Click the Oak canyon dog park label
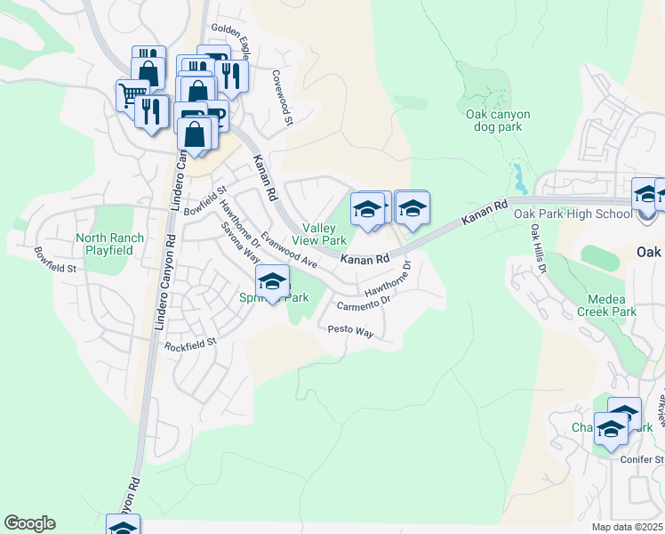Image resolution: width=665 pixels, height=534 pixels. pyautogui.click(x=498, y=120)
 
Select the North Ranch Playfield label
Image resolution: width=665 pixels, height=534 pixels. pyautogui.click(x=104, y=244)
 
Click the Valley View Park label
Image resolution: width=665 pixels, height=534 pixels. pyautogui.click(x=324, y=235)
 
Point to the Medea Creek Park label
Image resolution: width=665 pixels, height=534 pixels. pyautogui.click(x=612, y=305)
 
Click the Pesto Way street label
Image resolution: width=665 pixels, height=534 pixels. pyautogui.click(x=351, y=331)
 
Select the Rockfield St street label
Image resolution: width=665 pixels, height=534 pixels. pyautogui.click(x=191, y=344)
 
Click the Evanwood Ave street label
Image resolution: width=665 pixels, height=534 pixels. pyautogui.click(x=290, y=252)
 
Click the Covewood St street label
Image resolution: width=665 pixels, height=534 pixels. pyautogui.click(x=283, y=97)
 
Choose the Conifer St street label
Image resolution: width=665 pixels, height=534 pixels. pyautogui.click(x=647, y=459)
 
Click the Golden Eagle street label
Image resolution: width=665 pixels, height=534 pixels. pyautogui.click(x=230, y=30)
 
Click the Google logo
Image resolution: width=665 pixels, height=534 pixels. pyautogui.click(x=29, y=523)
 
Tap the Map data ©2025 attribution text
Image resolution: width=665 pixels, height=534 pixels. pyautogui.click(x=628, y=527)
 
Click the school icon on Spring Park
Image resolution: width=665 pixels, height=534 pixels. pyautogui.click(x=273, y=282)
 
